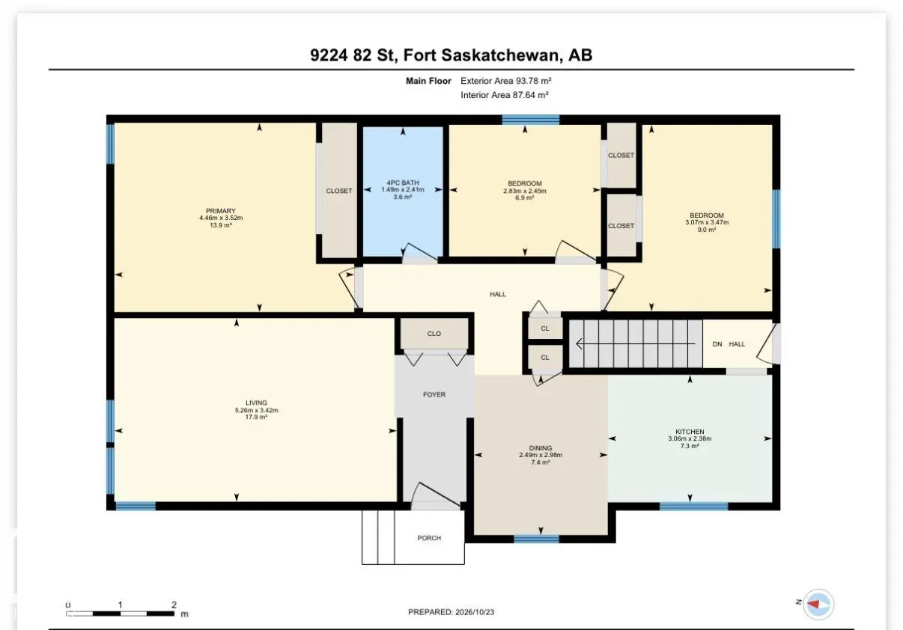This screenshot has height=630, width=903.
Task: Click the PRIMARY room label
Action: point(221,211)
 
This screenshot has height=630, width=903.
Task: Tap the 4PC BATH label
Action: point(403,183)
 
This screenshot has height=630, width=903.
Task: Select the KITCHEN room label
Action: point(690,432)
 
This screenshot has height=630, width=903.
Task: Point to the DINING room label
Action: point(541,448)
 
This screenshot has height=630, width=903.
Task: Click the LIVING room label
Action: point(256,403)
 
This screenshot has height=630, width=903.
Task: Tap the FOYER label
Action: point(434,395)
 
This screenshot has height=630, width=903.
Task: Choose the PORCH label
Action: point(429,538)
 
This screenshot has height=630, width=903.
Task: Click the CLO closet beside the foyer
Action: point(434,334)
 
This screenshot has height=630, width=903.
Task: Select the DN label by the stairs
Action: point(717,344)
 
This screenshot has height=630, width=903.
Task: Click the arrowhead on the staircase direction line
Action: point(580,344)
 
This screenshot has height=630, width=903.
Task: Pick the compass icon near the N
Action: point(818,605)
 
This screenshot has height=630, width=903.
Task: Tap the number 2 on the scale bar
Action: point(174,605)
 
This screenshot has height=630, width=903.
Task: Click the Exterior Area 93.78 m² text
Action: point(506,81)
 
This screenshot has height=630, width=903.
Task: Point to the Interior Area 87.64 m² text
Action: point(505,95)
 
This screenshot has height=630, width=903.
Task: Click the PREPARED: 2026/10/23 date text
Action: point(451,612)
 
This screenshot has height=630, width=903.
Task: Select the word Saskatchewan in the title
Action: point(502,55)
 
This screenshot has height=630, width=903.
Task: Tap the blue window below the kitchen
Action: point(694,507)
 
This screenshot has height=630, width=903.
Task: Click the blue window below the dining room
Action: point(537,539)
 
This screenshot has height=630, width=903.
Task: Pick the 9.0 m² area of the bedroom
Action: point(707,230)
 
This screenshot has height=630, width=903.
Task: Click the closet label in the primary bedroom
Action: point(339,191)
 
